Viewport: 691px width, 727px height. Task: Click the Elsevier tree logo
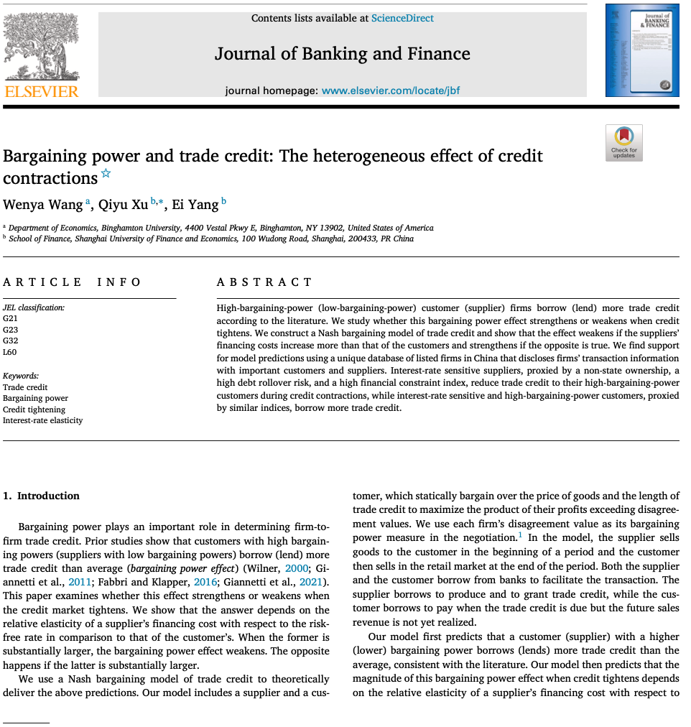[42, 46]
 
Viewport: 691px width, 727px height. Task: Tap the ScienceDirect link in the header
[402, 18]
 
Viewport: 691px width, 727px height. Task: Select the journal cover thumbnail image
[641, 50]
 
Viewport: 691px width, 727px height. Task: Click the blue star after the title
[106, 173]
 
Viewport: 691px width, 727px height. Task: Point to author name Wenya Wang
[43, 205]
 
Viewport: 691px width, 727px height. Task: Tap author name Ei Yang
[195, 205]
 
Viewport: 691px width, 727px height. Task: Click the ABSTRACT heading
[264, 282]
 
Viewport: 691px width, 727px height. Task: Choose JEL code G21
[11, 318]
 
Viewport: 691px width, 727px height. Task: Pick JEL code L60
[11, 352]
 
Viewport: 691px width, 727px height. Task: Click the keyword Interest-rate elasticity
[42, 420]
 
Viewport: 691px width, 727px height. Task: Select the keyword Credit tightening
[34, 409]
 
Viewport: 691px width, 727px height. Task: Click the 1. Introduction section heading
[41, 496]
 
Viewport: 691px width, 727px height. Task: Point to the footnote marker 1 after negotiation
[520, 535]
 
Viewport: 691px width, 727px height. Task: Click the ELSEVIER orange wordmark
[42, 91]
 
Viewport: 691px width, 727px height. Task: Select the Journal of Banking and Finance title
[342, 54]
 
